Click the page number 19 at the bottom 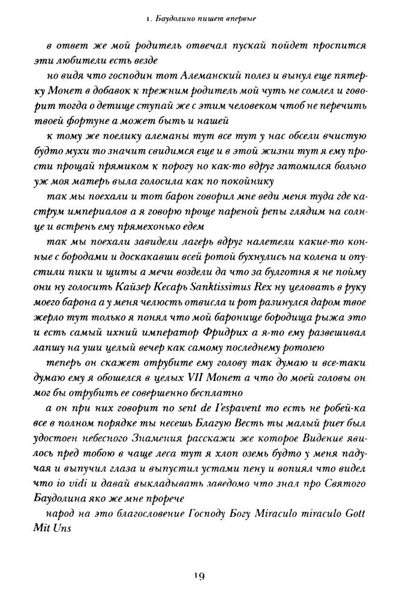(200, 576)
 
